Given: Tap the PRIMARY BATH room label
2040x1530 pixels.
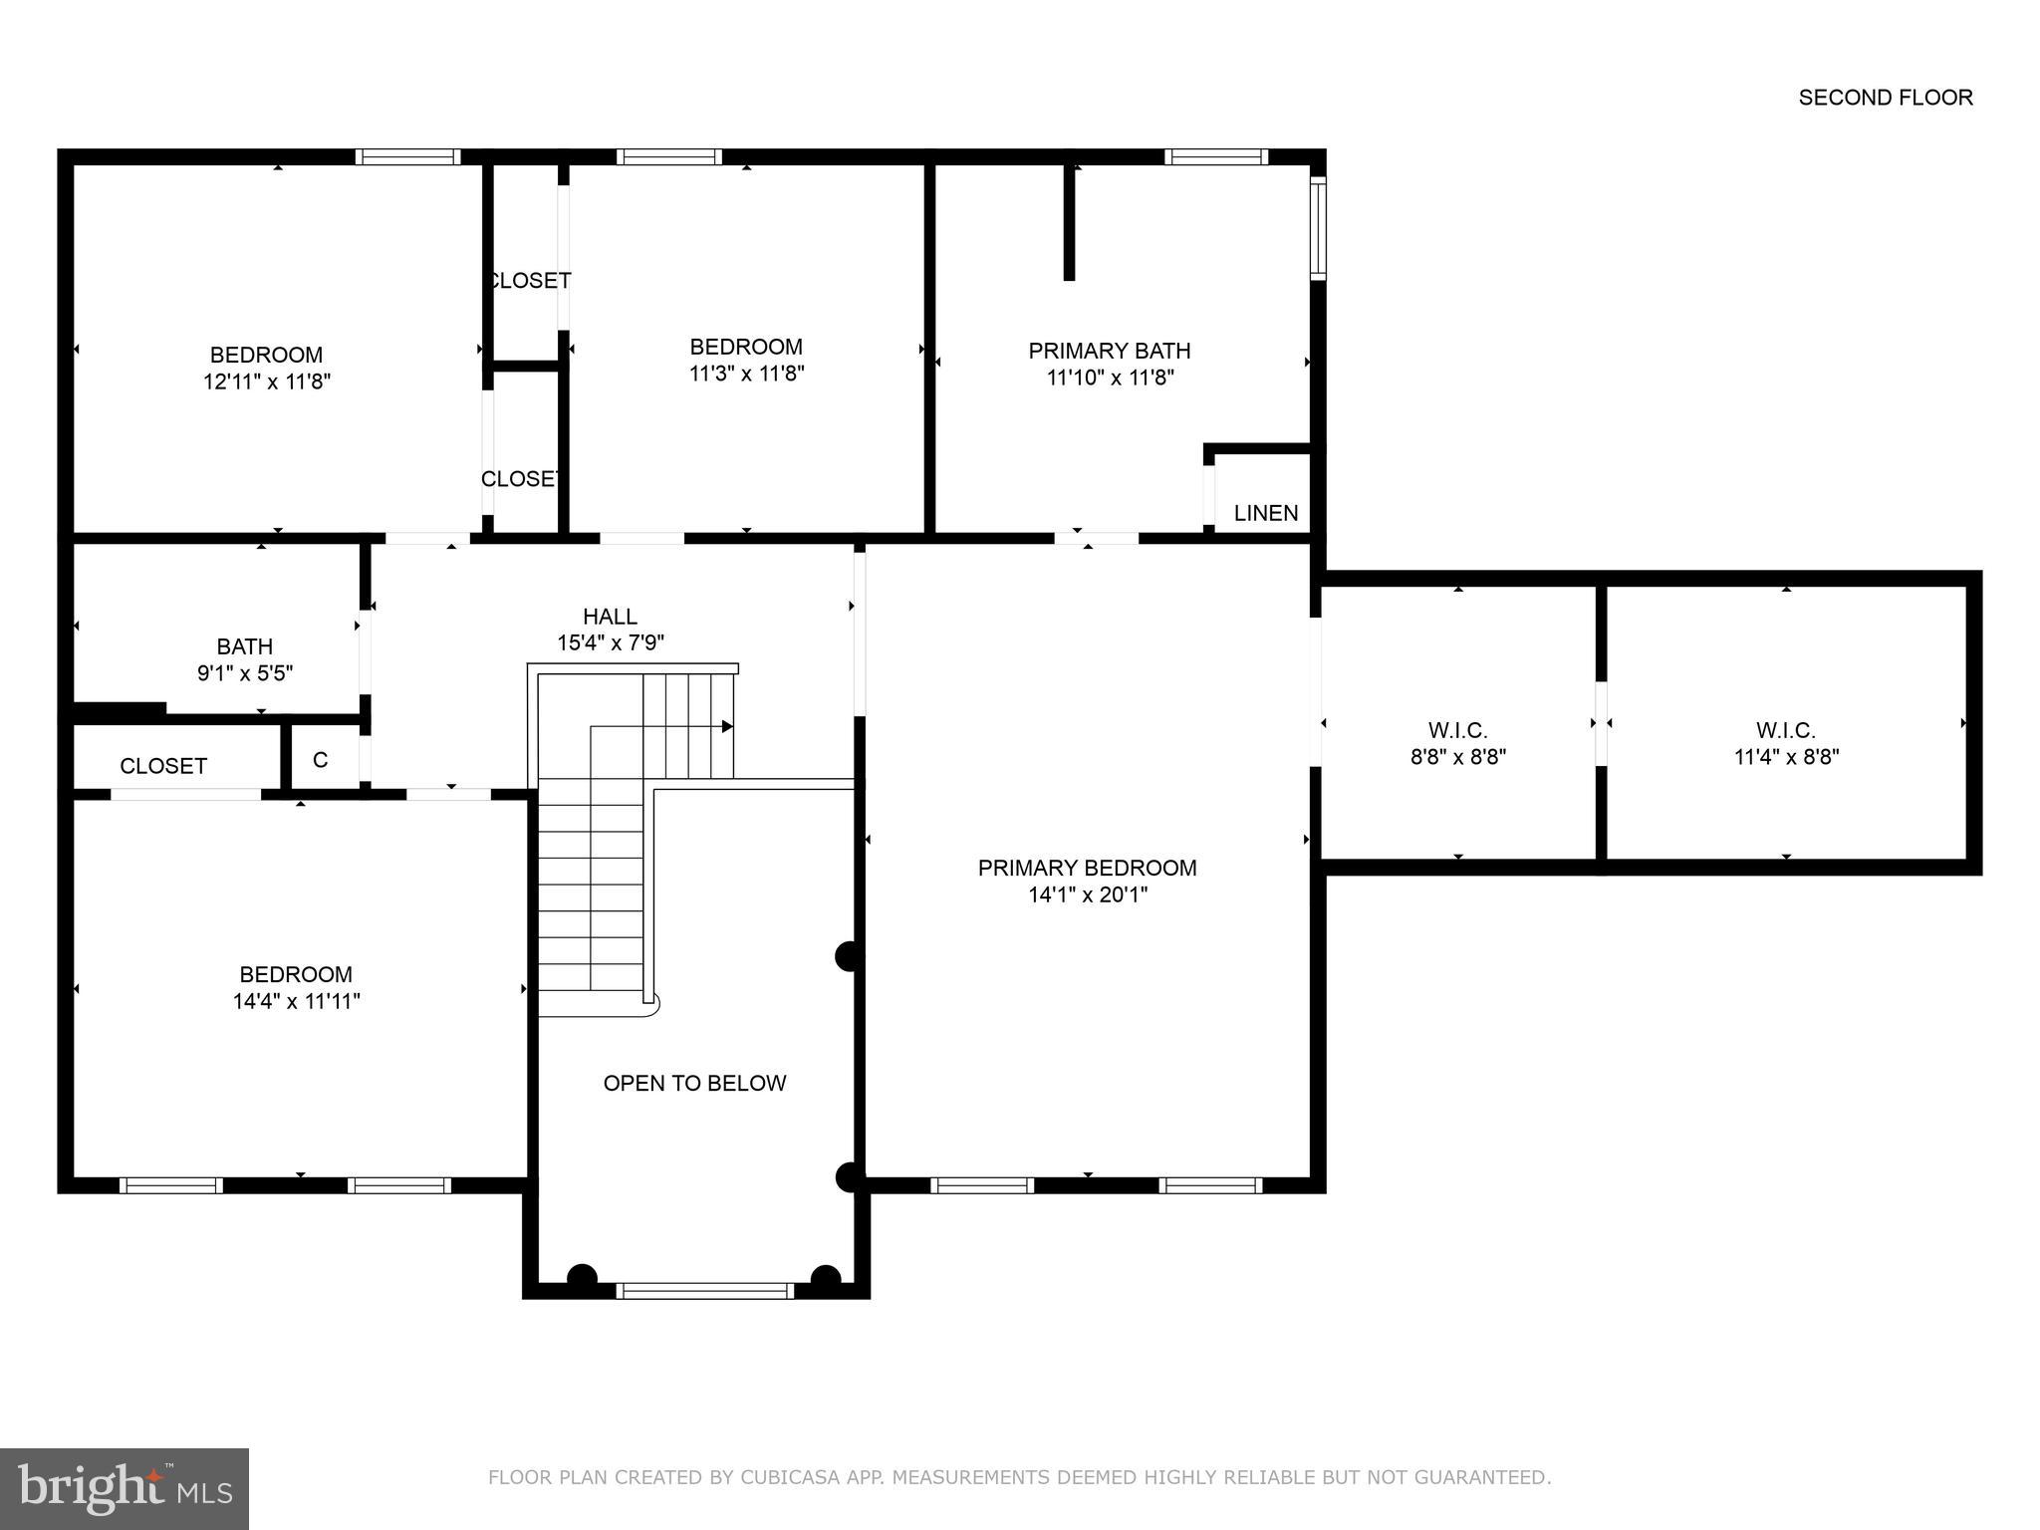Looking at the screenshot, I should (x=1109, y=351).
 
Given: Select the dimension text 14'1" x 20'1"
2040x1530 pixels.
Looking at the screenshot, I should (x=1088, y=894).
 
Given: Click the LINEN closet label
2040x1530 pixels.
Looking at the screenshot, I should (x=1265, y=513).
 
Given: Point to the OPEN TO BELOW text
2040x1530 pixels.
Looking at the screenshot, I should (x=694, y=1083).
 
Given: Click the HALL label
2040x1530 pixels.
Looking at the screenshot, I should (x=610, y=617).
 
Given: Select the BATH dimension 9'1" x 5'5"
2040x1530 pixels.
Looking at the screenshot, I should (x=245, y=673).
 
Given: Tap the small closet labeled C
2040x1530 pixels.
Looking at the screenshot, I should (x=320, y=760).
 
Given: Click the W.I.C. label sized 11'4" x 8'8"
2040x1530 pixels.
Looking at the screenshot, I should (x=1785, y=730).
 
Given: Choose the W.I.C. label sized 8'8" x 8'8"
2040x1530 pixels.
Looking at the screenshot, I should (x=1457, y=730).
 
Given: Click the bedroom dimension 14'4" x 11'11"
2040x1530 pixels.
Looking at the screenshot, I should (x=296, y=1001).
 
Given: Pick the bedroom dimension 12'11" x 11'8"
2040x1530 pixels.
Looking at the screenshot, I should (x=267, y=382).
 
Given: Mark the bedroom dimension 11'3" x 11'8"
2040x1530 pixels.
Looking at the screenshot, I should (x=746, y=374).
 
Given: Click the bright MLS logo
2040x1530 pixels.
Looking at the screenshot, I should (x=125, y=1488).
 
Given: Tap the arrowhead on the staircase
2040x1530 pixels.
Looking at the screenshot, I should (x=727, y=726).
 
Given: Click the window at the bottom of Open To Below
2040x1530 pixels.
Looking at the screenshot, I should (x=704, y=1291).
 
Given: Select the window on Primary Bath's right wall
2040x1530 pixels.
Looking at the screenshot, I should (x=1318, y=227).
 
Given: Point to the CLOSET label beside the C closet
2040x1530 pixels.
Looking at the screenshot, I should (x=163, y=766).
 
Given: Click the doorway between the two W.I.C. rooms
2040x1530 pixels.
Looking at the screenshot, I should (x=1601, y=723).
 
